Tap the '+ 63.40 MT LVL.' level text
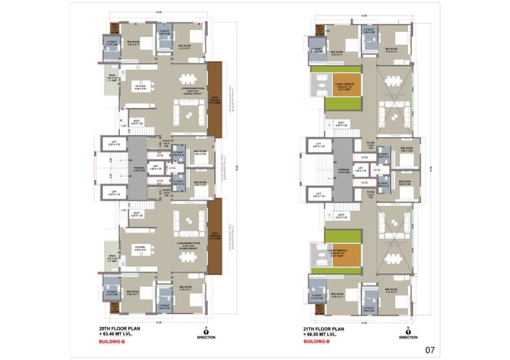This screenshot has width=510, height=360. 120,334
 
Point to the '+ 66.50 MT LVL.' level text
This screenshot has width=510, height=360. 326,334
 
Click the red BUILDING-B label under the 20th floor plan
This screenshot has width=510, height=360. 112,342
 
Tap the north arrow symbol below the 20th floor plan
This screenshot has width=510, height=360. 206,330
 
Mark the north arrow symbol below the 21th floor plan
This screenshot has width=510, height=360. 408,330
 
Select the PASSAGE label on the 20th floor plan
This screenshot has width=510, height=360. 140,169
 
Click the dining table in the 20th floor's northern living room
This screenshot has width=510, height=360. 188,79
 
